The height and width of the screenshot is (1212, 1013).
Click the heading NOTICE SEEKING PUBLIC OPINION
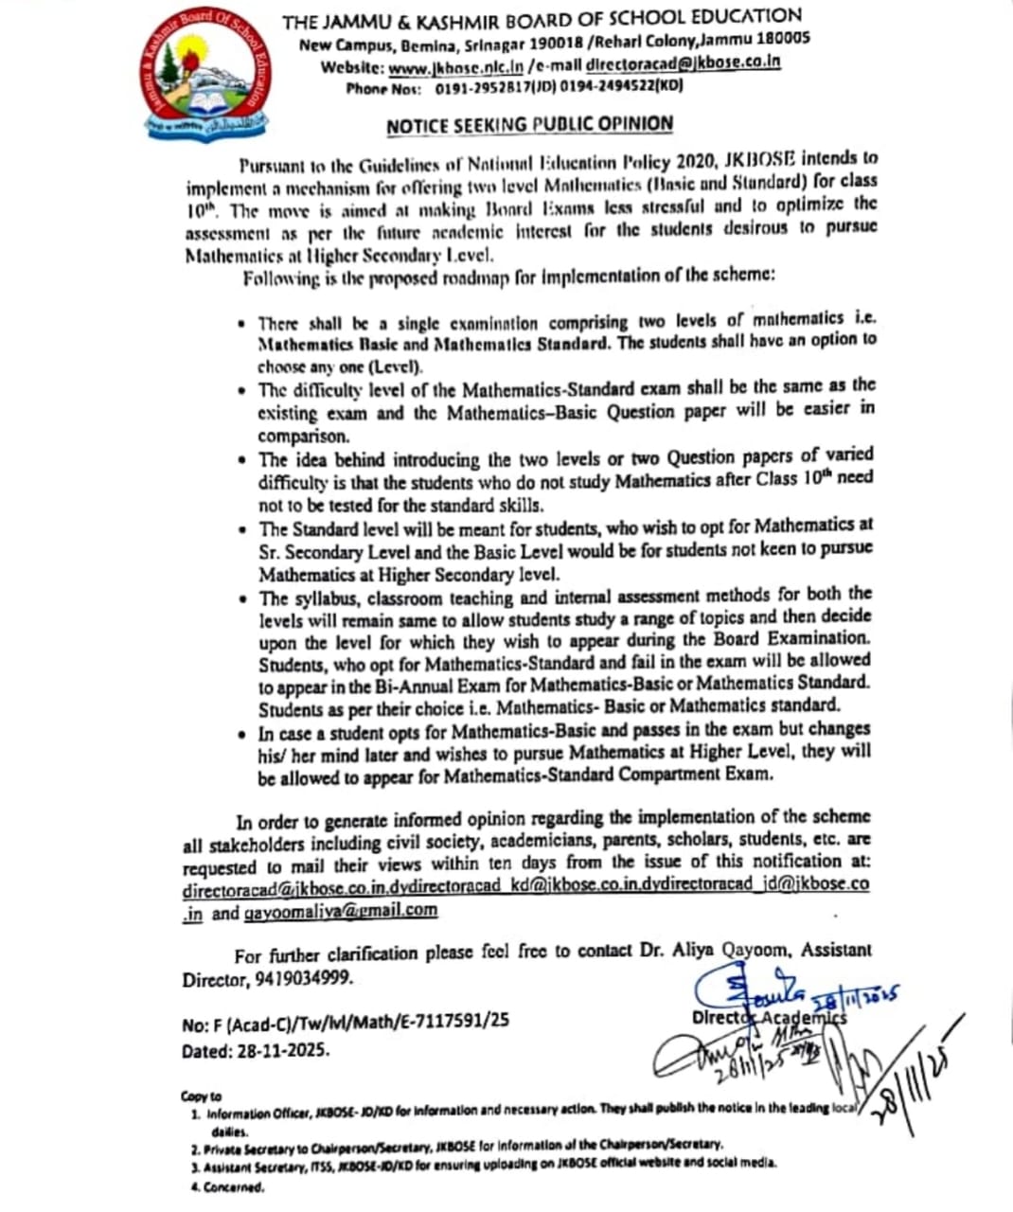click(529, 124)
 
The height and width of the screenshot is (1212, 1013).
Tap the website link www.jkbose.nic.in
click(456, 66)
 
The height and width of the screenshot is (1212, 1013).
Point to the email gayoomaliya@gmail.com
click(341, 911)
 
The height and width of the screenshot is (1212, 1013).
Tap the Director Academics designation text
click(769, 1016)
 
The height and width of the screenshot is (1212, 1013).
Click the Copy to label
click(201, 1096)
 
